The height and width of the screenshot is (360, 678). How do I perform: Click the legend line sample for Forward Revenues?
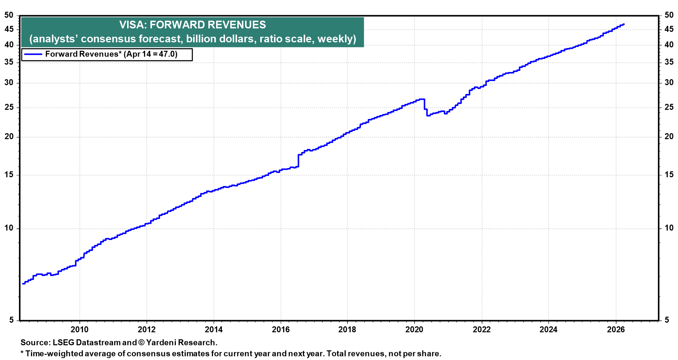32,54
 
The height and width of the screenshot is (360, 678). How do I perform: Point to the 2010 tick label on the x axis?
79,330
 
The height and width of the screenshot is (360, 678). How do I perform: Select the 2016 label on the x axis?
281,330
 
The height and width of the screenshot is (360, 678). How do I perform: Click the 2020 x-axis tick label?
414,330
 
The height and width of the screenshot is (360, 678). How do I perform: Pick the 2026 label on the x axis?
615,330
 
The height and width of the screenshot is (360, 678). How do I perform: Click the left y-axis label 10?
9,228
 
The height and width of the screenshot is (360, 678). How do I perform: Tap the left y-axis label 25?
9,107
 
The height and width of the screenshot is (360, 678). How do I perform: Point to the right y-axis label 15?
669,175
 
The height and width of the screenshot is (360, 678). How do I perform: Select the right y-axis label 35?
669,62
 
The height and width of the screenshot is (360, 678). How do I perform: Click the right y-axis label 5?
667,320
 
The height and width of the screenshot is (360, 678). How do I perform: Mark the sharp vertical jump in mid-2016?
298,161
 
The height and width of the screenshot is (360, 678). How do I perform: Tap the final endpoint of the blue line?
624,24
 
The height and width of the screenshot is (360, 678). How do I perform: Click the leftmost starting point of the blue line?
23,283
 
